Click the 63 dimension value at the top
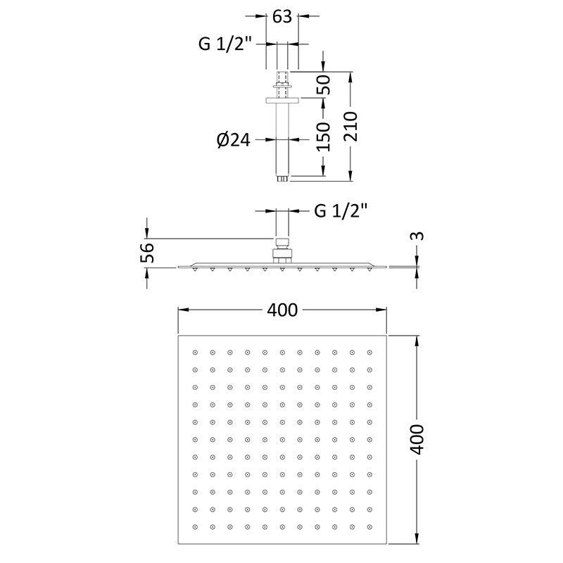pyautogui.click(x=282, y=17)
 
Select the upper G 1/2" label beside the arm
pyautogui.click(x=224, y=44)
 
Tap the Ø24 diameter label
pyautogui.click(x=234, y=139)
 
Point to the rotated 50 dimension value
pyautogui.click(x=323, y=84)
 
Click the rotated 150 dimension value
pyautogui.click(x=323, y=137)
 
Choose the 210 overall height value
pyautogui.click(x=351, y=127)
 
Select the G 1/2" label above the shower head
pyautogui.click(x=341, y=210)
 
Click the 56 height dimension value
pyautogui.click(x=147, y=253)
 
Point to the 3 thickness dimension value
pyautogui.click(x=417, y=236)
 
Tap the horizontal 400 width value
pyautogui.click(x=282, y=310)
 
